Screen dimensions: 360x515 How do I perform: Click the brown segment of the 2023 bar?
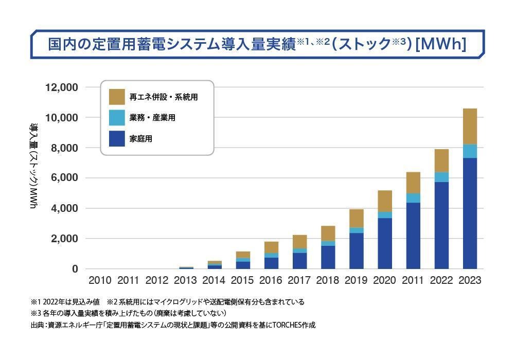coord(470,127)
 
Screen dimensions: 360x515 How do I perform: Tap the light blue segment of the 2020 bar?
coord(385,215)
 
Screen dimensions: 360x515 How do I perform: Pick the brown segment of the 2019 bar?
coord(357,219)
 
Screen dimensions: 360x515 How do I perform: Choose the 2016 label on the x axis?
coord(271,281)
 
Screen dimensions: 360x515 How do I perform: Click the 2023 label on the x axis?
coord(470,281)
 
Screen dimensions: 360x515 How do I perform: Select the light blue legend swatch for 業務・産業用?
coord(117,117)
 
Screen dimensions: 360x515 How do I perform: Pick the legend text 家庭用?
coord(141,138)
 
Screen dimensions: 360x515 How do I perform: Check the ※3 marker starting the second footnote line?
coord(35,313)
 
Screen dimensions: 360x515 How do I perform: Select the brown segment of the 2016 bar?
coord(272,247)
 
